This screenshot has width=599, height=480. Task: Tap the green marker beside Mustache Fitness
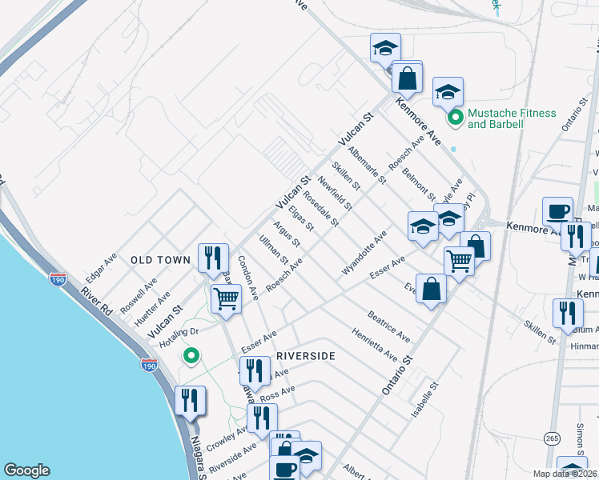[456, 118]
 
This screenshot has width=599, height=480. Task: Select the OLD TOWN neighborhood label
[160, 260]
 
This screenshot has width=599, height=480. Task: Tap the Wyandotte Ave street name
[364, 253]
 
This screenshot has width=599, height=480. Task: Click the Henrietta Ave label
[374, 343]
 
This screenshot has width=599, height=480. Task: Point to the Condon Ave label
[247, 278]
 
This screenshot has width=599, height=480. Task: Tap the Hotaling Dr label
[178, 330]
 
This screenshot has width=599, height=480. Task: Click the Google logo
[26, 470]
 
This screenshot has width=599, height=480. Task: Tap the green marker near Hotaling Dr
[191, 355]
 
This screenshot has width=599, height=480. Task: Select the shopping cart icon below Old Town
[226, 299]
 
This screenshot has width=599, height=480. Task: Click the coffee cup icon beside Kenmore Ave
[557, 211]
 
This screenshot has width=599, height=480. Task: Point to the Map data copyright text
[565, 474]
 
